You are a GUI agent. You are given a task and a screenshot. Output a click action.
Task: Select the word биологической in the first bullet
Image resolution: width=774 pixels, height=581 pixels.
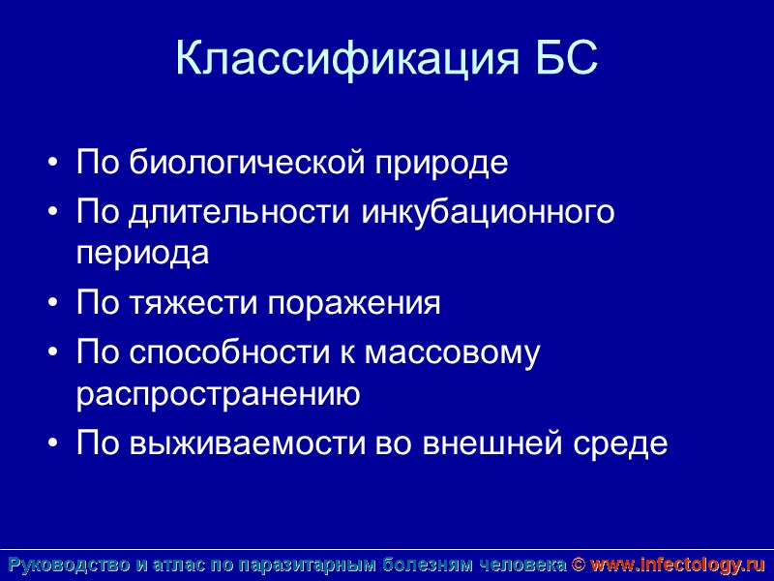coord(242,163)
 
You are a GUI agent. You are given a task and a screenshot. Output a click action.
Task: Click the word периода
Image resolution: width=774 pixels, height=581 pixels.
coord(142,253)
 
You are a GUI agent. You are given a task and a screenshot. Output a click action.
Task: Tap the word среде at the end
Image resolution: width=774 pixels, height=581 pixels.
coord(619,443)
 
